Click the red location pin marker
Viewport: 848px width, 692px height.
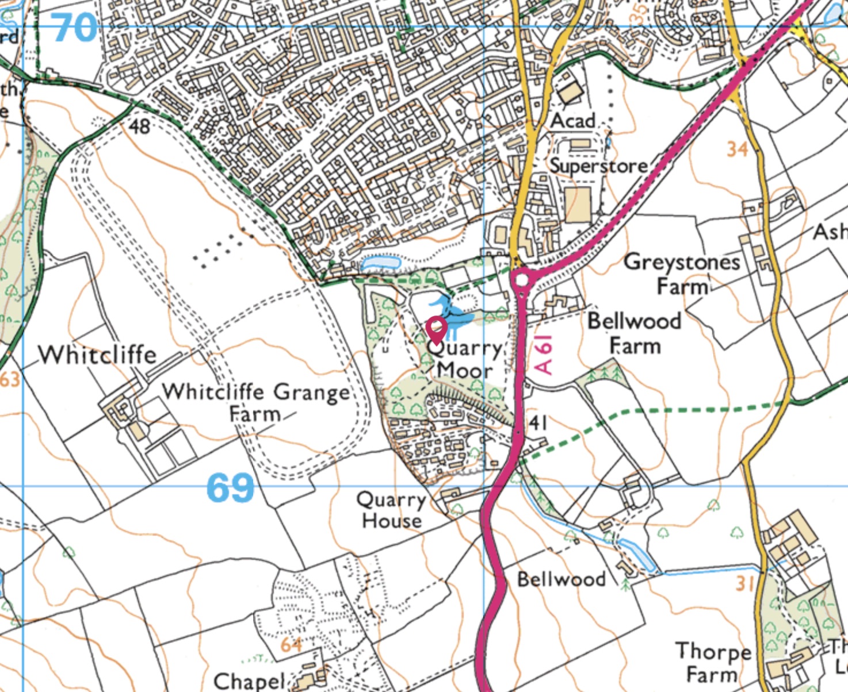click(x=437, y=329)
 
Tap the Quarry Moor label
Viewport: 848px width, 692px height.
click(x=465, y=359)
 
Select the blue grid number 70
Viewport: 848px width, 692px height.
click(x=75, y=27)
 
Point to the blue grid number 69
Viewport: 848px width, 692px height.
click(x=230, y=488)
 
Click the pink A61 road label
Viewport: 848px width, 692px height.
click(x=544, y=355)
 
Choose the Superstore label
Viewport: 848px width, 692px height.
click(x=598, y=166)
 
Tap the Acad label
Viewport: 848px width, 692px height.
click(x=572, y=121)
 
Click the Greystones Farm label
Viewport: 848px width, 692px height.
click(x=682, y=274)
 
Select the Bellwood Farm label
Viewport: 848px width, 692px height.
click(x=634, y=333)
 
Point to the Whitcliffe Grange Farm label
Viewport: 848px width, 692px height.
click(x=255, y=402)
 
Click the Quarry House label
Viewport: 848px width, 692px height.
click(x=391, y=510)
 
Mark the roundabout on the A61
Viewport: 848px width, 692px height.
click(x=522, y=280)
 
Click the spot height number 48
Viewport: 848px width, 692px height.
click(x=139, y=125)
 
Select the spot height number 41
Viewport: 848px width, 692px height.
click(x=538, y=423)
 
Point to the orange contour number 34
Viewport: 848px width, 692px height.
click(x=737, y=149)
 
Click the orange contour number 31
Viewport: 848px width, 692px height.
click(x=744, y=583)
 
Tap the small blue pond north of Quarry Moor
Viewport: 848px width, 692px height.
click(x=380, y=263)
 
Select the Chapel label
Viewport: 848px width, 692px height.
click(x=249, y=682)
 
